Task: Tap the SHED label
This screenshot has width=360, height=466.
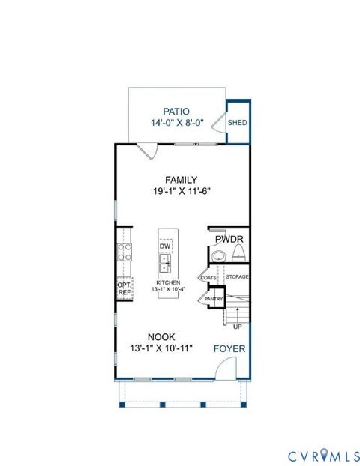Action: tap(237, 123)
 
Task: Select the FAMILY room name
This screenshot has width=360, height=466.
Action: tap(181, 180)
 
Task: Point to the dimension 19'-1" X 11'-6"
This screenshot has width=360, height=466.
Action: tap(181, 191)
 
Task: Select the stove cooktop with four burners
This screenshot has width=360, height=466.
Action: tap(124, 252)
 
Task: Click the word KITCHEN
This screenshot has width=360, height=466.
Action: tap(168, 282)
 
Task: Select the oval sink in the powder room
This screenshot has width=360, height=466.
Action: tap(218, 257)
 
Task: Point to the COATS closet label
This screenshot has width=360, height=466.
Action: tap(208, 277)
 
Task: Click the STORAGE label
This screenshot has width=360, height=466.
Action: tap(238, 277)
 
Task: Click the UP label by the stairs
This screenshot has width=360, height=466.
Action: tap(238, 327)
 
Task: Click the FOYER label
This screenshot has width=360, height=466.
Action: tap(229, 349)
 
